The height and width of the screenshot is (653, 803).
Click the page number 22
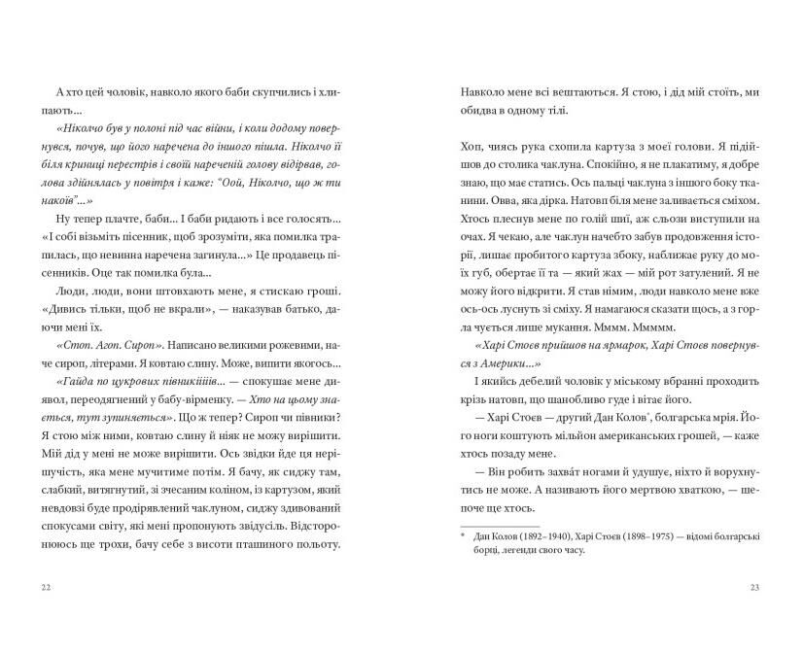coord(46,587)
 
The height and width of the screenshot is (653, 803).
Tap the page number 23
coord(755,587)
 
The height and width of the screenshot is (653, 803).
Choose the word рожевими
coord(276,318)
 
